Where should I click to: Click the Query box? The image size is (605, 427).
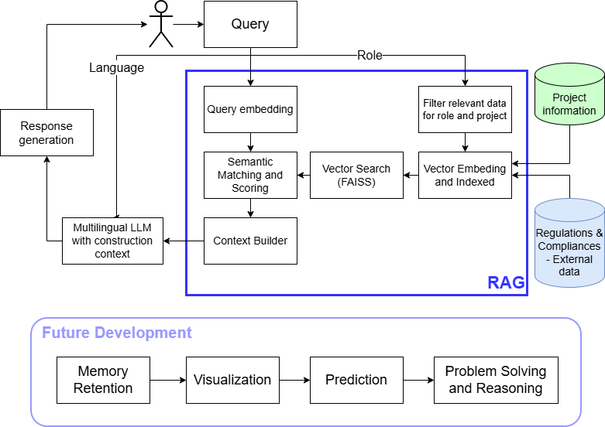pyautogui.click(x=250, y=24)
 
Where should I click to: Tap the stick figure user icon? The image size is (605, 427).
pyautogui.click(x=160, y=23)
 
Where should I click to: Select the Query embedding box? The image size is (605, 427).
pyautogui.click(x=250, y=109)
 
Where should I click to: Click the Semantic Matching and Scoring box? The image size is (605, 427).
pyautogui.click(x=250, y=175)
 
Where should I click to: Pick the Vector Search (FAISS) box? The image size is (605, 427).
pyautogui.click(x=356, y=175)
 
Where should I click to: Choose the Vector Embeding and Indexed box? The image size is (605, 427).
pyautogui.click(x=465, y=175)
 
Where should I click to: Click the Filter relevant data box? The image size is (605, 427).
pyautogui.click(x=465, y=109)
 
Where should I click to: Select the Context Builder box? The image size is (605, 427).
pyautogui.click(x=250, y=241)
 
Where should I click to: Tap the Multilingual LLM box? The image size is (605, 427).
pyautogui.click(x=113, y=241)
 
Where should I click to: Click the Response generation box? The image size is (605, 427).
pyautogui.click(x=46, y=133)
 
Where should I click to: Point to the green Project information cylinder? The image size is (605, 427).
pyautogui.click(x=569, y=96)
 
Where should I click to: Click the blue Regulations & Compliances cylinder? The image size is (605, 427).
pyautogui.click(x=569, y=243)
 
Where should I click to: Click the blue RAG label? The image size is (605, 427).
pyautogui.click(x=505, y=282)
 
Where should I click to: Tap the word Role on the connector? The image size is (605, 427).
pyautogui.click(x=370, y=55)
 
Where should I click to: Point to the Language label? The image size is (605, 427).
pyautogui.click(x=116, y=67)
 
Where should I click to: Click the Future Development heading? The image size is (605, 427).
pyautogui.click(x=116, y=333)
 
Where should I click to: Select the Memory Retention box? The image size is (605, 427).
pyautogui.click(x=103, y=380)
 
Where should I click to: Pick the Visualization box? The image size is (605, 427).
pyautogui.click(x=232, y=380)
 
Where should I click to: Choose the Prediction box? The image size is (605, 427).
pyautogui.click(x=356, y=380)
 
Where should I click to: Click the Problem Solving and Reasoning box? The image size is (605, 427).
pyautogui.click(x=496, y=380)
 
